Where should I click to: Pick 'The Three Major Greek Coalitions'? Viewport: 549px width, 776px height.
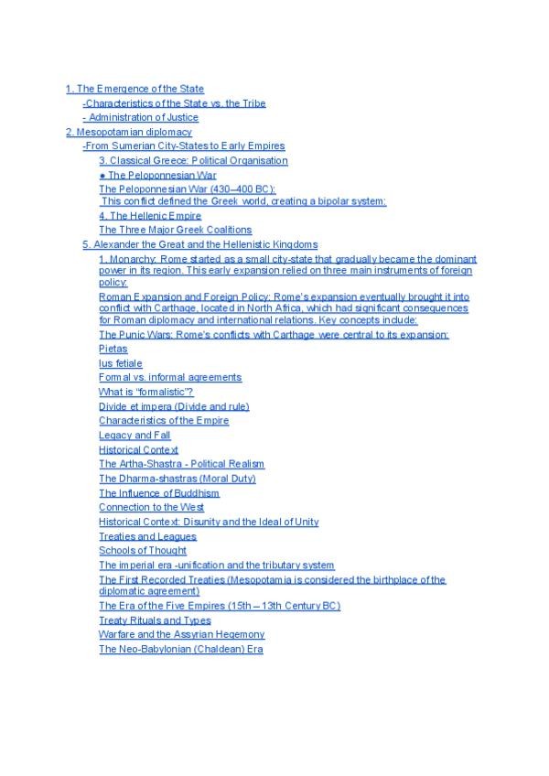click(x=175, y=230)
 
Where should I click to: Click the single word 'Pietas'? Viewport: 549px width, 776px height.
click(x=113, y=349)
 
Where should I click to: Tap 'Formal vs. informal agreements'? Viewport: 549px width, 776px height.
click(x=170, y=377)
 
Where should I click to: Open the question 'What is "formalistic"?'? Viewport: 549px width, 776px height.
click(x=139, y=392)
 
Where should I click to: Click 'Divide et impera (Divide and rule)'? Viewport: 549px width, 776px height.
click(x=174, y=406)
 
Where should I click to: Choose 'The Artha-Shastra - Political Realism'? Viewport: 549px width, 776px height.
click(x=181, y=464)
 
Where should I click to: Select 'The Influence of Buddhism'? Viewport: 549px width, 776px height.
click(x=159, y=493)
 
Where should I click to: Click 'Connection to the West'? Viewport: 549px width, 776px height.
click(x=151, y=507)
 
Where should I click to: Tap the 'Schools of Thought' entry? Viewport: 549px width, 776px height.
click(x=142, y=551)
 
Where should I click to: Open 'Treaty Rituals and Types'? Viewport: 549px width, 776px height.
click(x=155, y=620)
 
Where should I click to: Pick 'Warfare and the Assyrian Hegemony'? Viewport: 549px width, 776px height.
click(x=181, y=634)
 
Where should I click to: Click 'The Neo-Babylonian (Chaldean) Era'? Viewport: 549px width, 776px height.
click(x=180, y=649)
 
